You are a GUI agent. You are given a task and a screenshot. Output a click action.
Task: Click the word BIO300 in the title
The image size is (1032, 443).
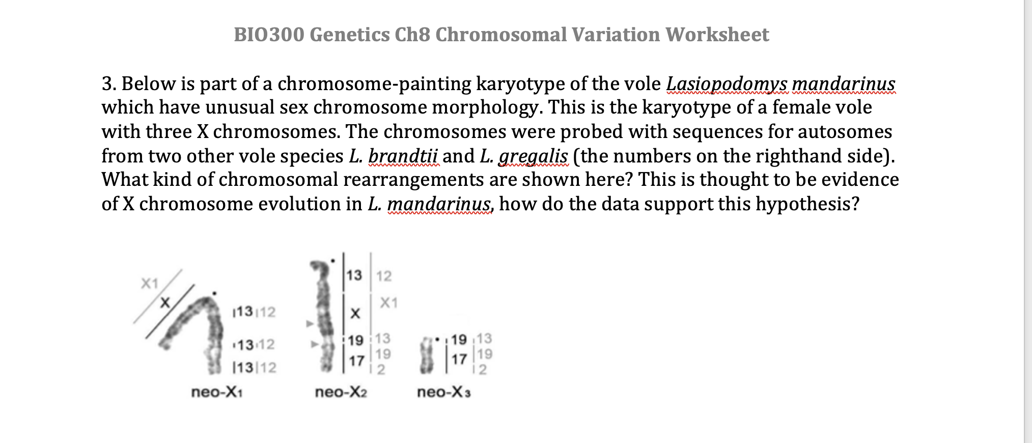tap(269, 35)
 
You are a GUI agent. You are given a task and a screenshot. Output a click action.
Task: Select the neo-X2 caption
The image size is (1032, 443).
tap(341, 392)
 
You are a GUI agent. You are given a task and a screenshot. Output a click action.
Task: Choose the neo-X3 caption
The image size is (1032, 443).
tap(444, 392)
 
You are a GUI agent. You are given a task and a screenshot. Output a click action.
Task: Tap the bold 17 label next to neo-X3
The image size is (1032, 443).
tap(459, 359)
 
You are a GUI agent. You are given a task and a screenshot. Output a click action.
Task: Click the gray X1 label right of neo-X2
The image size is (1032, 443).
tap(388, 303)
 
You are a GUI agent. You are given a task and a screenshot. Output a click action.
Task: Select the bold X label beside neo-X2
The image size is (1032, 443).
tap(355, 314)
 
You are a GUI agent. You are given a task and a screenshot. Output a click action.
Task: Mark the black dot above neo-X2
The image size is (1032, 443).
tap(333, 261)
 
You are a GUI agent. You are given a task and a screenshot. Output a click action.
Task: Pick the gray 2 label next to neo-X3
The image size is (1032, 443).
tap(483, 369)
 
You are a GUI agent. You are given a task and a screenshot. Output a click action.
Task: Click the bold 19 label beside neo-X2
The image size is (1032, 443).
tap(356, 340)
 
